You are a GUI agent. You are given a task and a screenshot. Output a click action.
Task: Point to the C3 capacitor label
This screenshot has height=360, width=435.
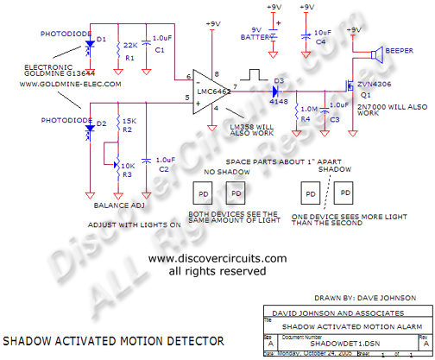coord(334,120)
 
